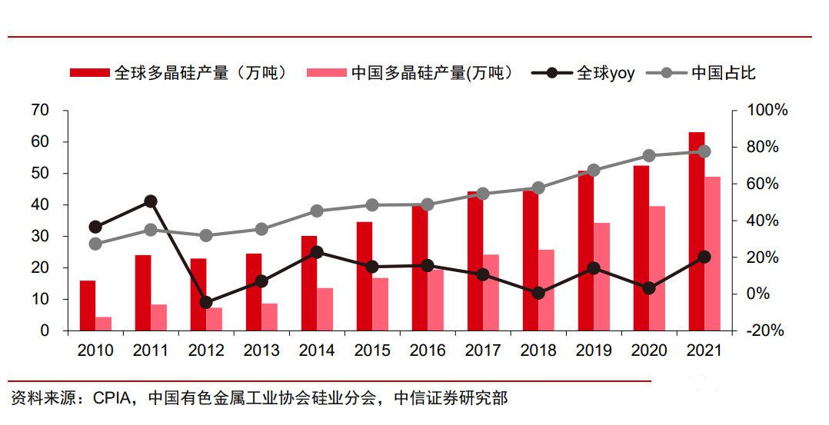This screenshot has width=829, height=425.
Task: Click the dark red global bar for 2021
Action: tap(696, 231)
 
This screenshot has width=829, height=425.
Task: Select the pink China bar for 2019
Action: tap(602, 277)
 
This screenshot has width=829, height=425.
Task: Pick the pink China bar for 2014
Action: tap(325, 309)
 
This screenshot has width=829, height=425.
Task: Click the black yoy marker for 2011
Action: tap(151, 201)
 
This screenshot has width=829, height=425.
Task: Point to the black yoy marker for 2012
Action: tap(206, 302)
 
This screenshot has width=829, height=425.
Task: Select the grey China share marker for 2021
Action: tap(704, 151)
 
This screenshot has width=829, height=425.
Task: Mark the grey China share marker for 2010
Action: tap(95, 244)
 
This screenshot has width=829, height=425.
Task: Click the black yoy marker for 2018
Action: tap(538, 293)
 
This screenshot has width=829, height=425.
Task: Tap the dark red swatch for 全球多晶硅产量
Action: tap(89, 73)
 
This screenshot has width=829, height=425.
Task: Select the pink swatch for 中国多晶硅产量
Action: tap(325, 73)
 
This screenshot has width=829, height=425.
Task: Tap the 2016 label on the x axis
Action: tap(428, 350)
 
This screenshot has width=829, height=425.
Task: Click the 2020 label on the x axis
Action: tap(649, 350)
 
